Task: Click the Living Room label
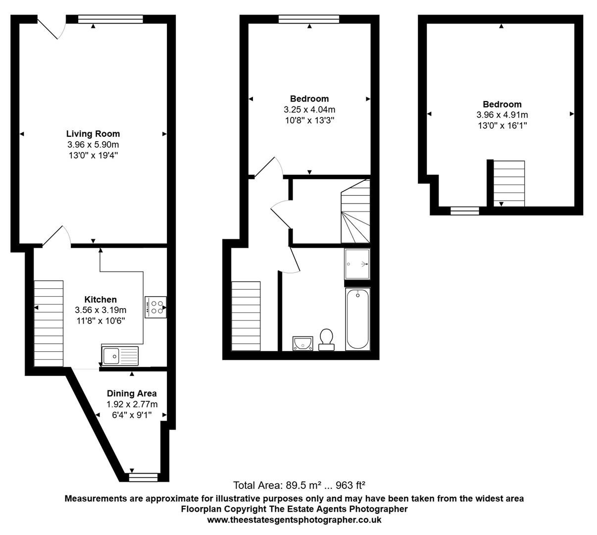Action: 93,134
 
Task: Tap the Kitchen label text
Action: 100,299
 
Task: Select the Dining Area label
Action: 132,393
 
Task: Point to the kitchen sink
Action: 121,355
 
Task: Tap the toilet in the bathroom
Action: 326,339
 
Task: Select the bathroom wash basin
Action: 302,343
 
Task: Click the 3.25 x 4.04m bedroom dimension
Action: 309,109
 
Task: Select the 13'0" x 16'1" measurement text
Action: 502,125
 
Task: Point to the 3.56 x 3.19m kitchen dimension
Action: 100,310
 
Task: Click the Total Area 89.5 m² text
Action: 299,485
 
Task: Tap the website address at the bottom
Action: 294,520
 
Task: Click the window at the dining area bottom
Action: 143,477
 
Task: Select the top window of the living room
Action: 110,19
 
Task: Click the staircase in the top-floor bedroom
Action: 509,183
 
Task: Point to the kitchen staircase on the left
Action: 49,323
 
